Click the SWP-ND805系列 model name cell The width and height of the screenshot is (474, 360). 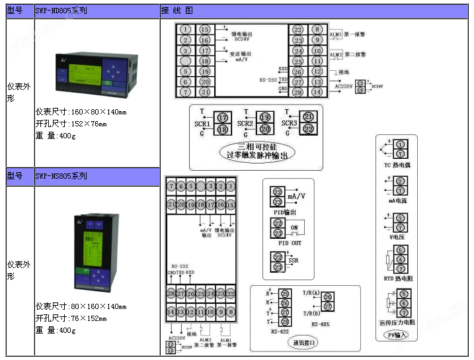[x=60, y=11]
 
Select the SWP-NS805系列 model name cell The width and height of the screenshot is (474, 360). [x=61, y=176]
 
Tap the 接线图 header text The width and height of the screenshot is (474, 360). [x=177, y=11]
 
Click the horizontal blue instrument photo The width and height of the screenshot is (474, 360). [x=96, y=73]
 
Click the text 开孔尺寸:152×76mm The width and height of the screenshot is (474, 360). [x=71, y=124]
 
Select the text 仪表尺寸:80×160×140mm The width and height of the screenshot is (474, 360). [x=81, y=306]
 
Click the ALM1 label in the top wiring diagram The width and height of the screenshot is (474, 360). [x=335, y=33]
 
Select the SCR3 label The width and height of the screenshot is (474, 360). [x=289, y=123]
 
